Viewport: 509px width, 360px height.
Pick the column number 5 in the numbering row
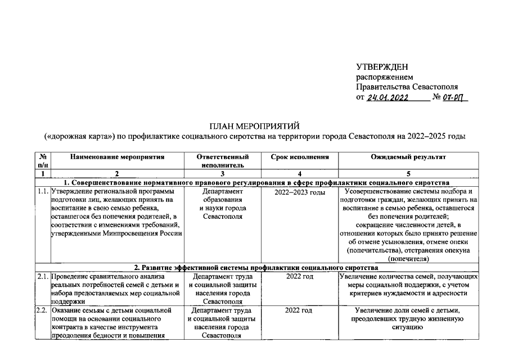(x=408, y=174)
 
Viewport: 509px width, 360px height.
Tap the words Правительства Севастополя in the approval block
(x=407, y=87)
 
